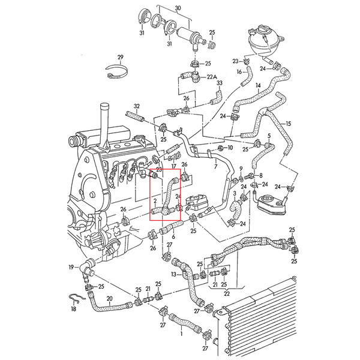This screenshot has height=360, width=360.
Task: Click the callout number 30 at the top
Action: coord(178,8)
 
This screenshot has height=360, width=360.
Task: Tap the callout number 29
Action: coord(121,57)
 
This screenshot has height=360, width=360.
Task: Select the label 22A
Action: coord(212,77)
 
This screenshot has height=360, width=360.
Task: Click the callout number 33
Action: coord(220,83)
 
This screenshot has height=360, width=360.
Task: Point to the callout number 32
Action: coord(137,106)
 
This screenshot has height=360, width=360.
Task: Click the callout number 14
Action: coord(258,86)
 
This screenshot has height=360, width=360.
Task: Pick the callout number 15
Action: coord(288,124)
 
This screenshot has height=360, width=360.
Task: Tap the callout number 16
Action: coord(239,72)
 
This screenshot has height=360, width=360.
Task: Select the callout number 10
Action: coord(230,148)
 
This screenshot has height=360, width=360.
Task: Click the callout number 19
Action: coord(71,267)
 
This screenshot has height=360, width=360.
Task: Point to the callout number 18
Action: coord(73,309)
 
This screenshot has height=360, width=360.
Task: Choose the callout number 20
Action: coord(110,299)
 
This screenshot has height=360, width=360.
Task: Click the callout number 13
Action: coord(174,274)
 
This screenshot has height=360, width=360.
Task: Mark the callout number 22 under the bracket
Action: coord(227,293)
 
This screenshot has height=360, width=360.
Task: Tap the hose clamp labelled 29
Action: coord(116,71)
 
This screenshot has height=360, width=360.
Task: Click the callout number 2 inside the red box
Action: coord(155,201)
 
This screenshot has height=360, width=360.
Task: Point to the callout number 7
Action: coord(215,166)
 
